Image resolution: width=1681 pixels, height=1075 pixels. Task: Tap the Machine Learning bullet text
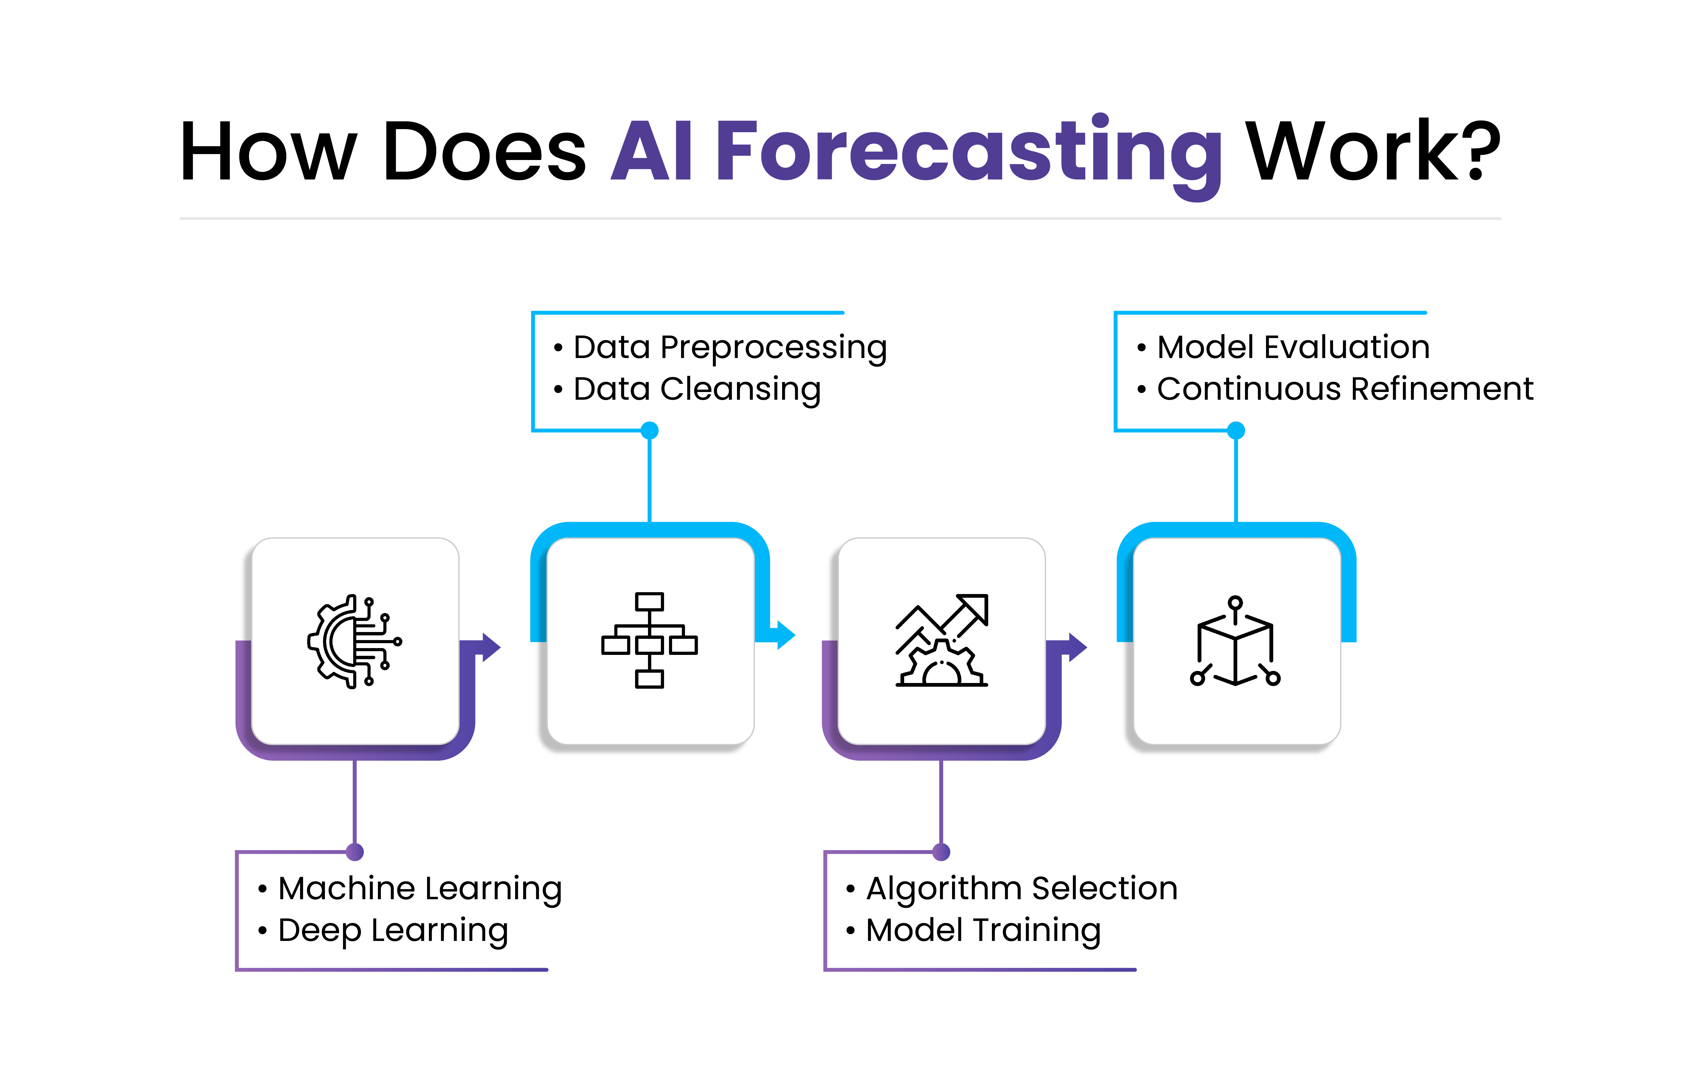click(420, 889)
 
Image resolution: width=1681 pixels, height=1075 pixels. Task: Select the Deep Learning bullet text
click(393, 930)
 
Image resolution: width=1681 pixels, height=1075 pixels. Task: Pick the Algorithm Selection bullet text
click(1021, 889)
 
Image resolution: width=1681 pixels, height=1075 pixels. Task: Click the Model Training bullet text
click(983, 930)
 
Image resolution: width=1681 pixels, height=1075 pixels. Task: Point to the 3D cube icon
click(1235, 642)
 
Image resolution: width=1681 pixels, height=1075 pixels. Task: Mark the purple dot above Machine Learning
click(355, 852)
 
